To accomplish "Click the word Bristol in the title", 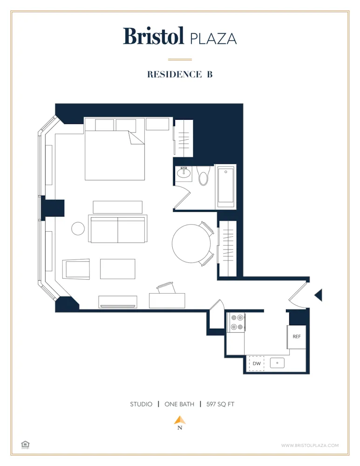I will click(x=153, y=36).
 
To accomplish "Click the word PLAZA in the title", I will click(x=213, y=38).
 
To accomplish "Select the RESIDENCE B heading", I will click(x=180, y=74).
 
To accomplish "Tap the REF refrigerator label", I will click(x=296, y=336).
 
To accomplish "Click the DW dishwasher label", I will click(x=256, y=363).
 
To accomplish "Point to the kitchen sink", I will click(x=277, y=363).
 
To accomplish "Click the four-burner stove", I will click(x=236, y=322).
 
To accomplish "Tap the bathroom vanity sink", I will click(x=184, y=173).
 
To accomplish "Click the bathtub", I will click(x=226, y=186).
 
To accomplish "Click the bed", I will click(x=115, y=154).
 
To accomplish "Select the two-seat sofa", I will click(x=118, y=229).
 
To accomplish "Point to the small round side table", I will click(x=78, y=228).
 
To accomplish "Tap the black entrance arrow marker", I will click(x=319, y=295).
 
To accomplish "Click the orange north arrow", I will click(x=180, y=420).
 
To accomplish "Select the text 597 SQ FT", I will click(x=220, y=404).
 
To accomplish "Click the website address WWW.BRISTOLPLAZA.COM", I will click(x=310, y=445).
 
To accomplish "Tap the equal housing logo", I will click(x=25, y=445).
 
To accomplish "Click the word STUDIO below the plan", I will click(x=141, y=404).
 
